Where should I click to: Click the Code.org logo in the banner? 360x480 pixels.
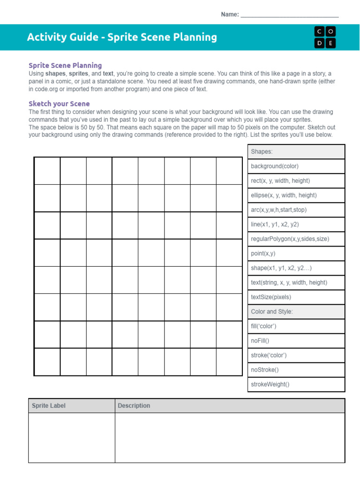(x=325, y=37)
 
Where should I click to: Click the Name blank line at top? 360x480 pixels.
(x=289, y=15)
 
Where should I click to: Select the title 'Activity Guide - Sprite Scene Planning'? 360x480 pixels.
(x=122, y=37)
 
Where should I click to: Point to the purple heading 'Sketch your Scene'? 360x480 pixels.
(x=59, y=104)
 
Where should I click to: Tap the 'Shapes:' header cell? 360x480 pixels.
(x=296, y=152)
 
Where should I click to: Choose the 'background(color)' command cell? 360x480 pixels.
(x=296, y=166)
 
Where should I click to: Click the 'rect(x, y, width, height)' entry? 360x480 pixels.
(x=296, y=181)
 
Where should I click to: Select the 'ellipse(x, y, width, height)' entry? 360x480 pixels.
(x=296, y=195)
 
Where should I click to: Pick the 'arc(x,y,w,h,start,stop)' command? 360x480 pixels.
(x=296, y=210)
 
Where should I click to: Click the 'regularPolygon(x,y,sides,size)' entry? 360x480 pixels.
(x=296, y=239)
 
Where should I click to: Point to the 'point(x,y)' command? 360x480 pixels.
(x=296, y=254)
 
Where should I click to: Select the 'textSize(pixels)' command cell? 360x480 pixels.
(x=296, y=297)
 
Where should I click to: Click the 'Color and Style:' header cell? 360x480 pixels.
(x=296, y=312)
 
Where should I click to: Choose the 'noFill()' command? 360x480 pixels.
(x=296, y=341)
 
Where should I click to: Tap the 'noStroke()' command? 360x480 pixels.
(x=296, y=370)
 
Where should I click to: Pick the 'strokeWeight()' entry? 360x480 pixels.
(x=296, y=384)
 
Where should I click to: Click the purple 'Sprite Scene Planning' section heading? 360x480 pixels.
(x=65, y=66)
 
